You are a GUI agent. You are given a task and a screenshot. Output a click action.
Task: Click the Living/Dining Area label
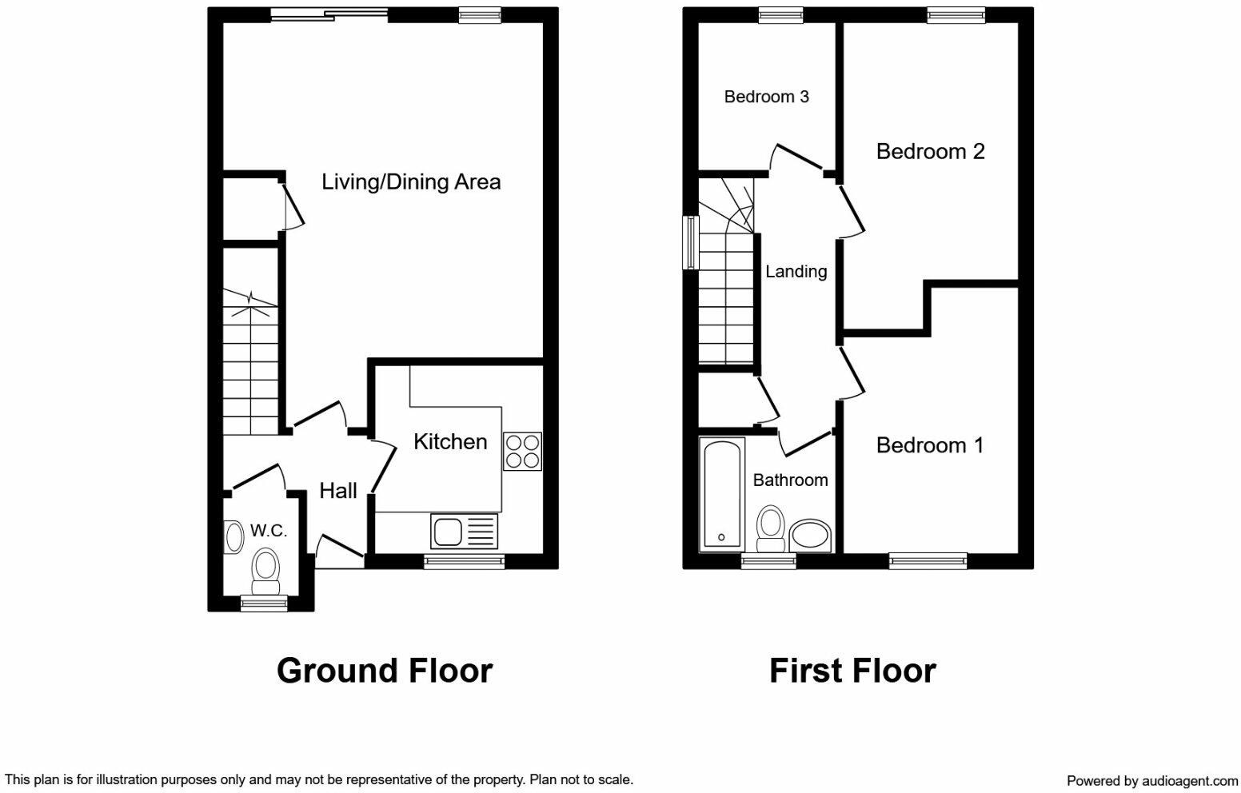pyautogui.click(x=411, y=182)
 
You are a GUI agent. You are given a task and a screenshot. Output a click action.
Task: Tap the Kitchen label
pyautogui.click(x=450, y=441)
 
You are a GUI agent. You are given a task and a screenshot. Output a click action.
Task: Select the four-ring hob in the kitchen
pyautogui.click(x=522, y=451)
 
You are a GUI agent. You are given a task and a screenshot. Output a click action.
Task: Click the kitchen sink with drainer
pyautogui.click(x=464, y=531)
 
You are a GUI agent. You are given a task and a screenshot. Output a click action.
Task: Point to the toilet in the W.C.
pyautogui.click(x=265, y=570)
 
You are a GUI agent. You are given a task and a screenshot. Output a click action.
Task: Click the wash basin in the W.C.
pyautogui.click(x=234, y=536)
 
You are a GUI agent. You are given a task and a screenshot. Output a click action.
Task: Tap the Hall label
pyautogui.click(x=338, y=491)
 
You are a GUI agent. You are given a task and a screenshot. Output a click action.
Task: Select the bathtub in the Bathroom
pyautogui.click(x=722, y=493)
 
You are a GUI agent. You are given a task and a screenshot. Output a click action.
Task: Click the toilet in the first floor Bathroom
pyautogui.click(x=771, y=528)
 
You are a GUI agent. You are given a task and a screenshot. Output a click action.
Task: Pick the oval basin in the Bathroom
pyautogui.click(x=811, y=536)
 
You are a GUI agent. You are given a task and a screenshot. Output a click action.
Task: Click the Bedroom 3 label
pyautogui.click(x=766, y=97)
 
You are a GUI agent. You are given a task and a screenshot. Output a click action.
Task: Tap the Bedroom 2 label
pyautogui.click(x=930, y=151)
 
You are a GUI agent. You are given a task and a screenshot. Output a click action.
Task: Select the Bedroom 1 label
pyautogui.click(x=929, y=445)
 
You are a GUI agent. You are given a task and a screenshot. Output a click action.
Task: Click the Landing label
pyautogui.click(x=796, y=272)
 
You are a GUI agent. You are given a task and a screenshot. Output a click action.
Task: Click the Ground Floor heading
pyautogui.click(x=384, y=671)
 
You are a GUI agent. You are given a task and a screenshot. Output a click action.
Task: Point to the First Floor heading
pyautogui.click(x=852, y=671)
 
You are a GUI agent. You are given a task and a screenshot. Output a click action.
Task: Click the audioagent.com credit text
pyautogui.click(x=1151, y=780)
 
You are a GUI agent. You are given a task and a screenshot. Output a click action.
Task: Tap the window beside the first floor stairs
pyautogui.click(x=688, y=242)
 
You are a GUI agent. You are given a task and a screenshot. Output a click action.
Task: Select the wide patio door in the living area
pyautogui.click(x=329, y=13)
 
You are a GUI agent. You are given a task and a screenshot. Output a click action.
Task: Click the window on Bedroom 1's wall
pyautogui.click(x=928, y=561)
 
